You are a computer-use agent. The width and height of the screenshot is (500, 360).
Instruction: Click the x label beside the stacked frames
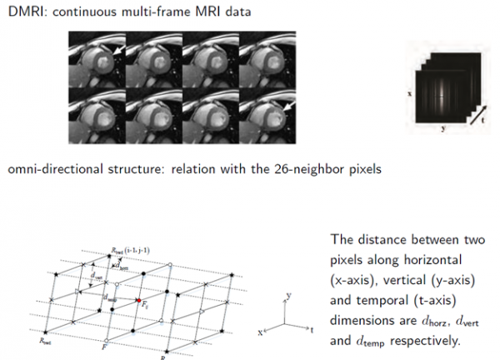410,94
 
